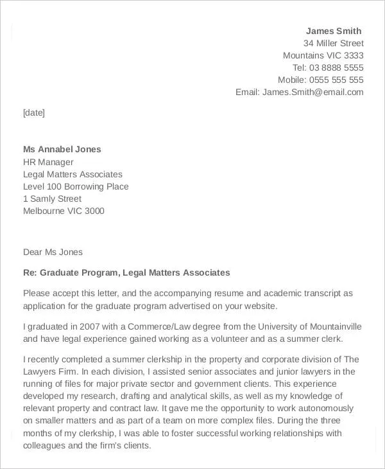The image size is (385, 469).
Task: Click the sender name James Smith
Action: (334, 31)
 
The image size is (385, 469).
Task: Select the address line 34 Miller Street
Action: (333, 43)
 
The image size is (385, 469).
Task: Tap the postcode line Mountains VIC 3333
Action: (323, 55)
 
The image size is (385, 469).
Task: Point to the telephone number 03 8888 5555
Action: (337, 67)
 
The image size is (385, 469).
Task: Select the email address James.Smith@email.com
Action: (312, 92)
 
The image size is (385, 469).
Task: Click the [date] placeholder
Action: (34, 112)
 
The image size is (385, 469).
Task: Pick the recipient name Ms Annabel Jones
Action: (62, 149)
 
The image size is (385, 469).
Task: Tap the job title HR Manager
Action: (48, 162)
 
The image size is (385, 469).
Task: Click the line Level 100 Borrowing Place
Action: (76, 186)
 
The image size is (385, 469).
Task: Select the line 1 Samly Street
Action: (52, 199)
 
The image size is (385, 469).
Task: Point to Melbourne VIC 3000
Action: (64, 211)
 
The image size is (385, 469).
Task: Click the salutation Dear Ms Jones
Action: (53, 252)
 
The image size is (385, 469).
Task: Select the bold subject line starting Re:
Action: (126, 272)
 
